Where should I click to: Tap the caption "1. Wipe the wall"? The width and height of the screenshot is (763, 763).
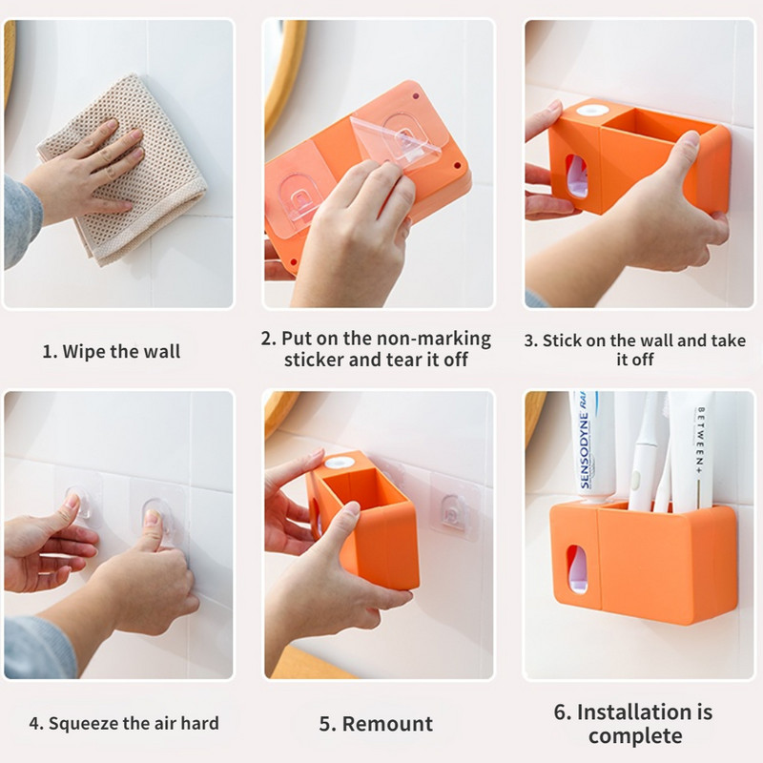[112, 351]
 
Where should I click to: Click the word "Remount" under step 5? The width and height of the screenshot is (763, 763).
[387, 724]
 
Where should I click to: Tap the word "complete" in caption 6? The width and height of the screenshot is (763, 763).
[635, 735]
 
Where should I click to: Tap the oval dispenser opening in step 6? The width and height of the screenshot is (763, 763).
[577, 569]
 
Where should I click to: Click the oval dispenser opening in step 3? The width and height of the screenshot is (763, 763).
[577, 176]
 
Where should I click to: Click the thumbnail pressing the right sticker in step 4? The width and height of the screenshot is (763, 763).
[153, 516]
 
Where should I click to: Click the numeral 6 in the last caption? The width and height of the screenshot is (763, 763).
[561, 712]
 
